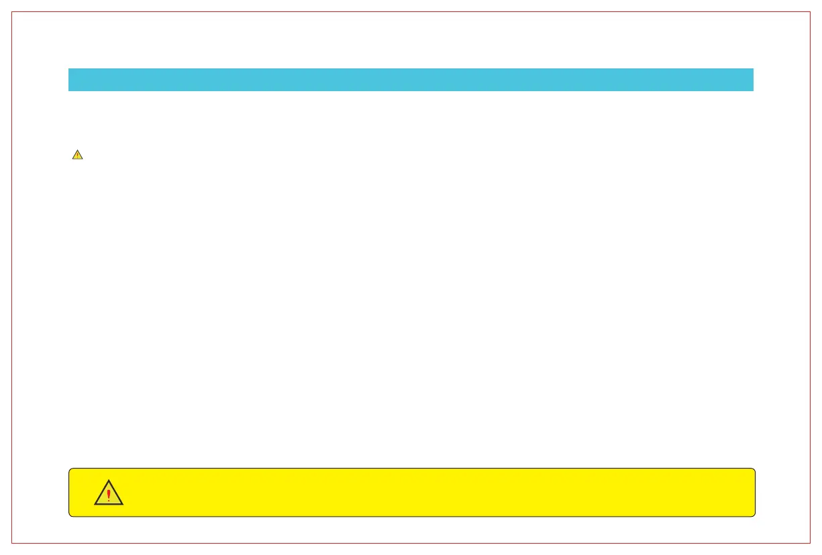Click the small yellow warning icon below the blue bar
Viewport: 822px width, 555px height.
[x=77, y=155]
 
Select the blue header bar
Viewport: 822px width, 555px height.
[x=411, y=79]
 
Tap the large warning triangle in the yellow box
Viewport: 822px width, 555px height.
[x=109, y=493]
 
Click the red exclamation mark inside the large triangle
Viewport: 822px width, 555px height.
[x=109, y=495]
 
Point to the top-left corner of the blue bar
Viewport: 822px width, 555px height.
[x=69, y=68]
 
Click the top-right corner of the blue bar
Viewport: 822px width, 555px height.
[x=753, y=68]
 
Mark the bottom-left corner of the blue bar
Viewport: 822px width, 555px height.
[x=69, y=90]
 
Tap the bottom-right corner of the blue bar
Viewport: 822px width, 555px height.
[x=753, y=90]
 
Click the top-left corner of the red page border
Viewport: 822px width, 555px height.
[x=12, y=12]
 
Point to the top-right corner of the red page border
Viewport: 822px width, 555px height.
[x=810, y=12]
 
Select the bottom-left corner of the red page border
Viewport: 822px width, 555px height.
[x=12, y=542]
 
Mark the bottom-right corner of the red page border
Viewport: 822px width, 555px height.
[x=810, y=542]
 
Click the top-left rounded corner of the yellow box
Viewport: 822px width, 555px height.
[x=70, y=470]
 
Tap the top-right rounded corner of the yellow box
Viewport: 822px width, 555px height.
[x=754, y=470]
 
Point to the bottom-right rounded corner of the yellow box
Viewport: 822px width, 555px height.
[x=754, y=515]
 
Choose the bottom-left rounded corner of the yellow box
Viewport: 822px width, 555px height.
[x=70, y=515]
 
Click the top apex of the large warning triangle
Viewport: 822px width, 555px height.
[x=109, y=480]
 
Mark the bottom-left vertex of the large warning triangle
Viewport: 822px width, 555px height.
[x=95, y=504]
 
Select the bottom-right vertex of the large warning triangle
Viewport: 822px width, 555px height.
[x=123, y=504]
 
